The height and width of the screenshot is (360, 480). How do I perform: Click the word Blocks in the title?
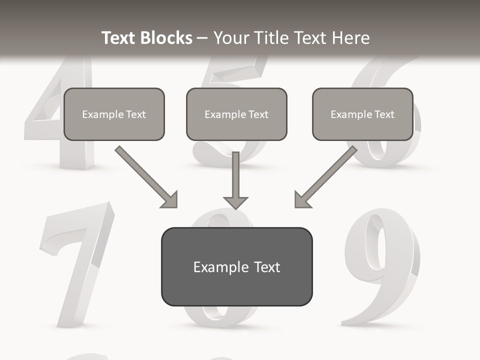165,38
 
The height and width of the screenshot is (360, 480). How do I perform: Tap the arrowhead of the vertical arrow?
235,202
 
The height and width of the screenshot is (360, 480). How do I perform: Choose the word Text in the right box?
384,114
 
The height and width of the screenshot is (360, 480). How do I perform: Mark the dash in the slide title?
202,38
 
